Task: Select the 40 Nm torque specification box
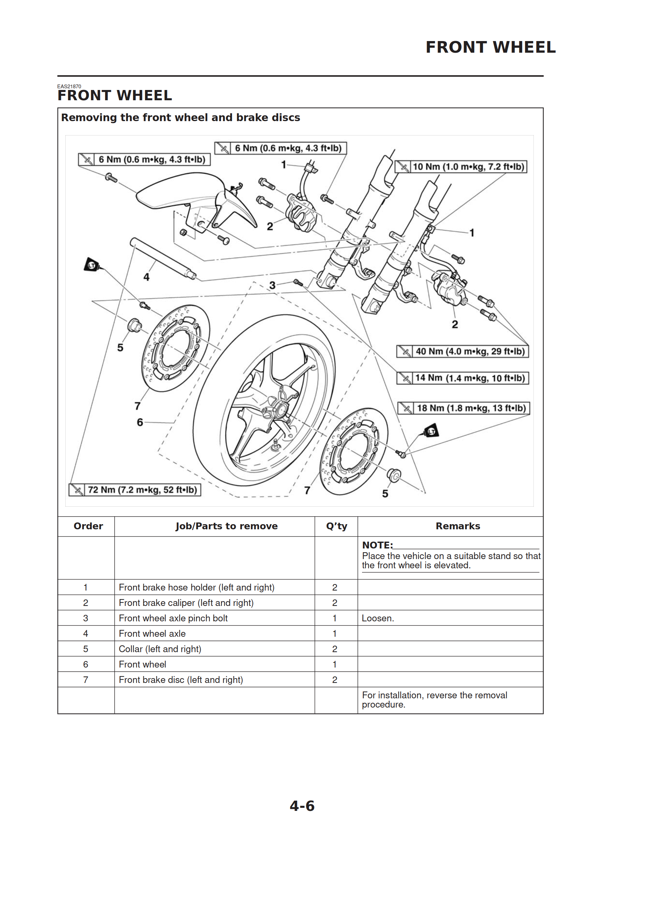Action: [x=462, y=351]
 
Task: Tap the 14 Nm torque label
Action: [x=462, y=378]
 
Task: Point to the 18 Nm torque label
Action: [x=464, y=408]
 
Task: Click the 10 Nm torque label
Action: [x=461, y=167]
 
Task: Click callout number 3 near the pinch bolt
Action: [x=272, y=285]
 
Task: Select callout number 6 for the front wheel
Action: [x=140, y=422]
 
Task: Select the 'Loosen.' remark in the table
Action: [x=378, y=618]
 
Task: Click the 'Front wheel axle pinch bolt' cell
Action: [x=173, y=618]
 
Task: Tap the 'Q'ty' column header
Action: [x=336, y=526]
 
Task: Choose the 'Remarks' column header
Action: [x=458, y=526]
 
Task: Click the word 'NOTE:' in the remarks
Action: [x=377, y=545]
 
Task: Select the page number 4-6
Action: [x=302, y=806]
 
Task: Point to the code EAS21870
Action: [x=69, y=86]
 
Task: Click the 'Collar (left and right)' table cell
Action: [x=160, y=649]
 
